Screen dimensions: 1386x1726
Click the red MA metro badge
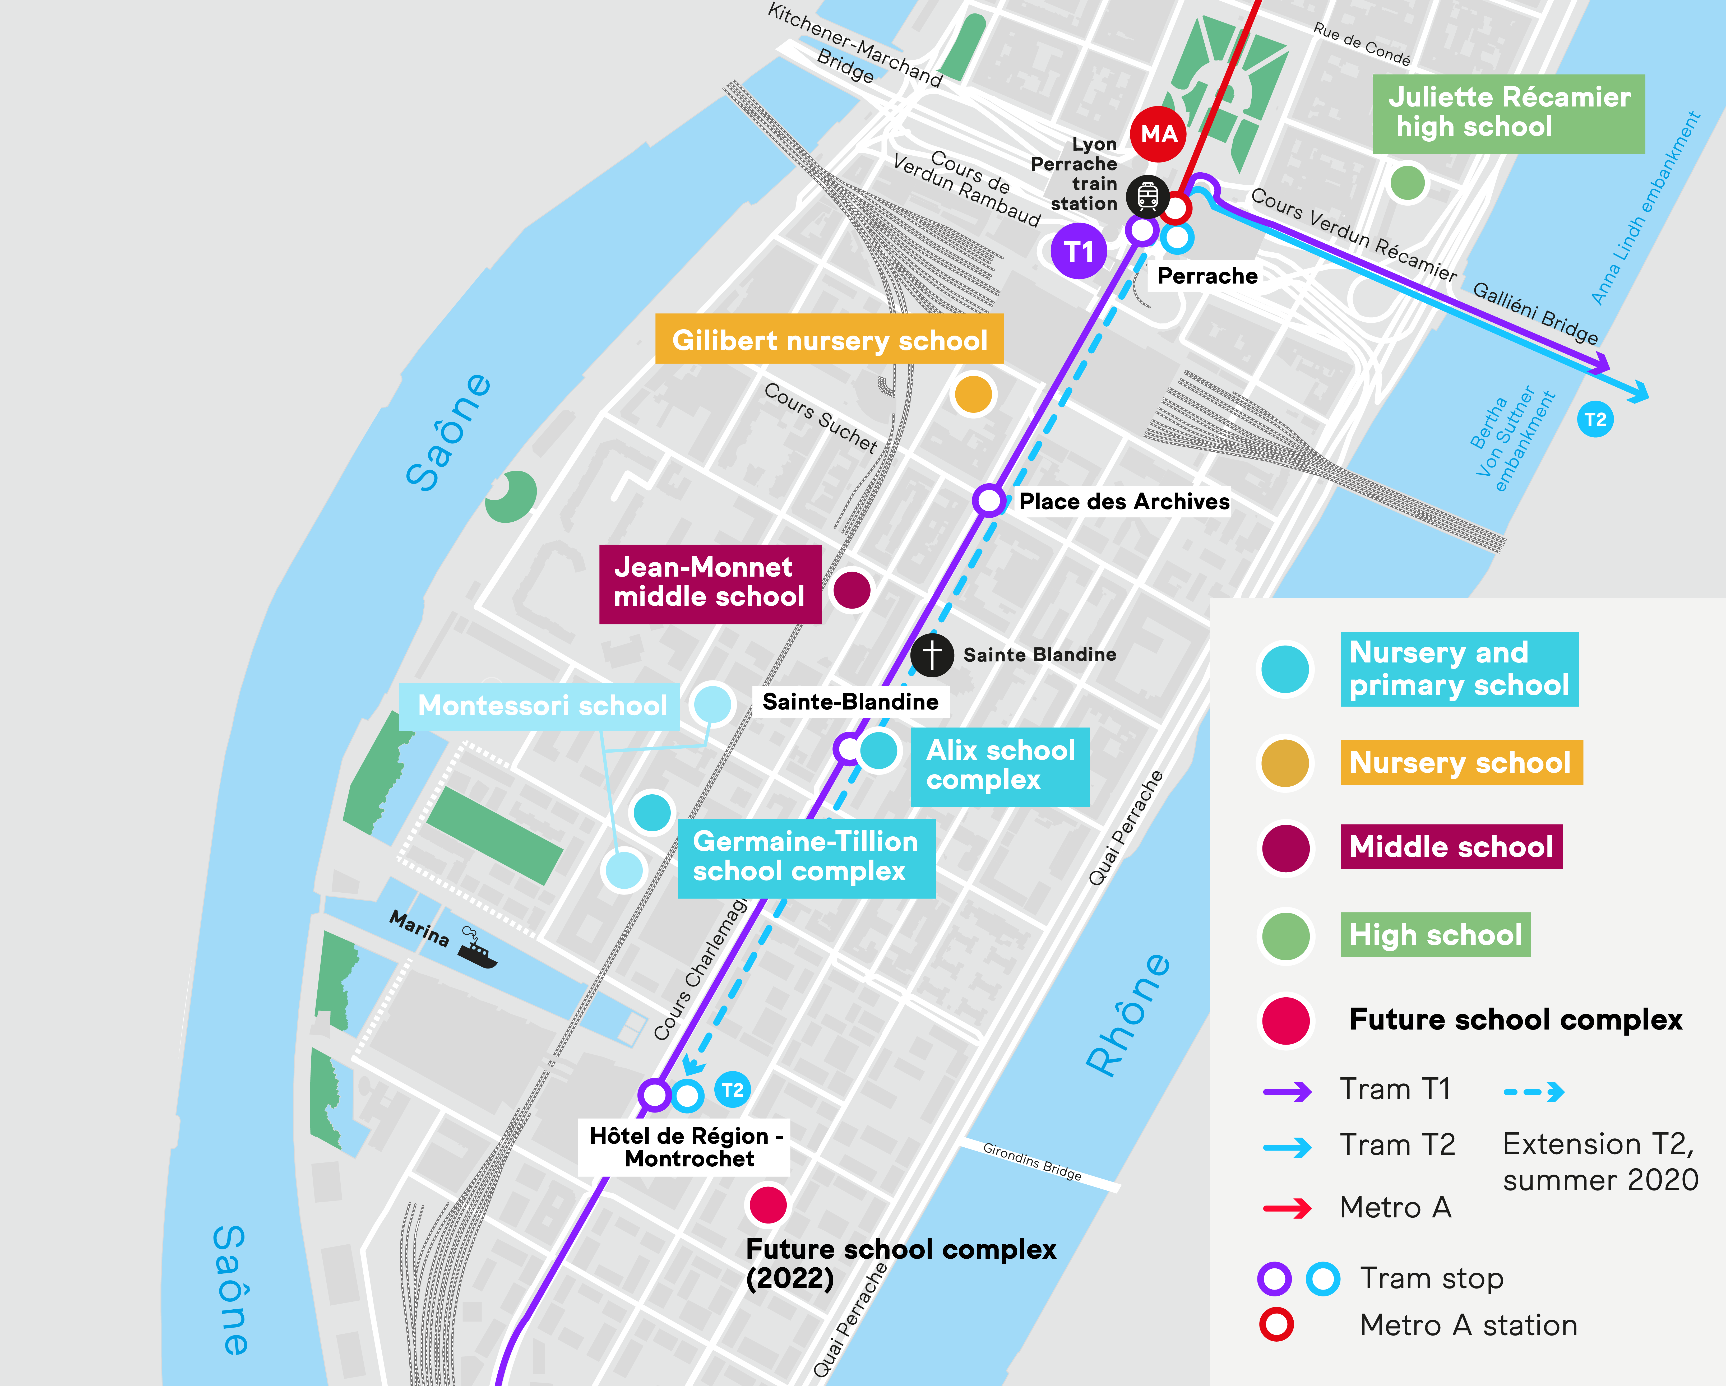click(x=1158, y=134)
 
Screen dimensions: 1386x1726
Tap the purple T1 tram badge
click(x=1078, y=251)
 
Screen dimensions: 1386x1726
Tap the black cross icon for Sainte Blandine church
click(x=932, y=655)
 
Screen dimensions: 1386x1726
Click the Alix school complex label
click(x=1000, y=766)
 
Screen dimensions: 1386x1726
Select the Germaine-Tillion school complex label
click(x=805, y=857)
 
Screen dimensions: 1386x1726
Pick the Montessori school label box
click(x=541, y=705)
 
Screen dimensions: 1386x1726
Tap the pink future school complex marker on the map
click(x=768, y=1204)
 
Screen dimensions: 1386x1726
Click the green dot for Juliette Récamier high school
click(x=1406, y=183)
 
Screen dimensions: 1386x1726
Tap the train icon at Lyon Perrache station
click(x=1147, y=196)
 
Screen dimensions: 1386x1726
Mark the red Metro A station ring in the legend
click(x=1276, y=1324)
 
